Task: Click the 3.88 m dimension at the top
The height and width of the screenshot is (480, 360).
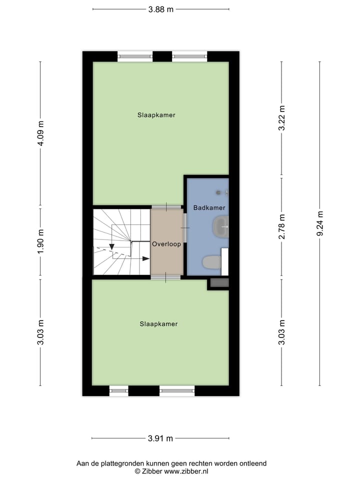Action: [161, 9]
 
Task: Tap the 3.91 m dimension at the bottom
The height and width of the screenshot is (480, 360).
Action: [160, 438]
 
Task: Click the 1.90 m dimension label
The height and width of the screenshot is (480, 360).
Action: [41, 242]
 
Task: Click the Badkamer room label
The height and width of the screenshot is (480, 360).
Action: [209, 207]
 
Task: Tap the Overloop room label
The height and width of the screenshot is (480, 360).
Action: [166, 244]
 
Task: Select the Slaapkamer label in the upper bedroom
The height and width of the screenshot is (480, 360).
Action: [156, 115]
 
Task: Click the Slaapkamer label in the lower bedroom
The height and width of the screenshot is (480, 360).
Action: [158, 324]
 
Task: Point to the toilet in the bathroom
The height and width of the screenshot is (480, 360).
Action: [211, 262]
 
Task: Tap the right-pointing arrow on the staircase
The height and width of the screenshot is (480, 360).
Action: [145, 258]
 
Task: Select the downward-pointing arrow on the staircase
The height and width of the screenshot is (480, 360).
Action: [111, 246]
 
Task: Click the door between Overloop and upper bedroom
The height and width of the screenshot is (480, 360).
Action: [166, 206]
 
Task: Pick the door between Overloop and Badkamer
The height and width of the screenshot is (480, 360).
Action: [184, 227]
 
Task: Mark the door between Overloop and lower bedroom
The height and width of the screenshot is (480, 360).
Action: [166, 276]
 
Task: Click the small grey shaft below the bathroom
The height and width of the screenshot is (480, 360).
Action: [219, 283]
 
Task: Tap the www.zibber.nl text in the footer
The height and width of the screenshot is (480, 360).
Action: [186, 471]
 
